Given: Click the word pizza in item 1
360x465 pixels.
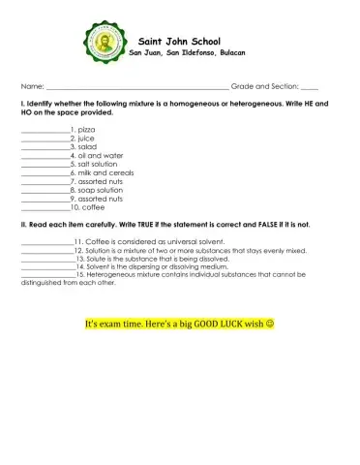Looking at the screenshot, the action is tap(86, 129).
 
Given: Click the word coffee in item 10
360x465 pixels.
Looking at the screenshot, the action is tap(94, 207).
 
